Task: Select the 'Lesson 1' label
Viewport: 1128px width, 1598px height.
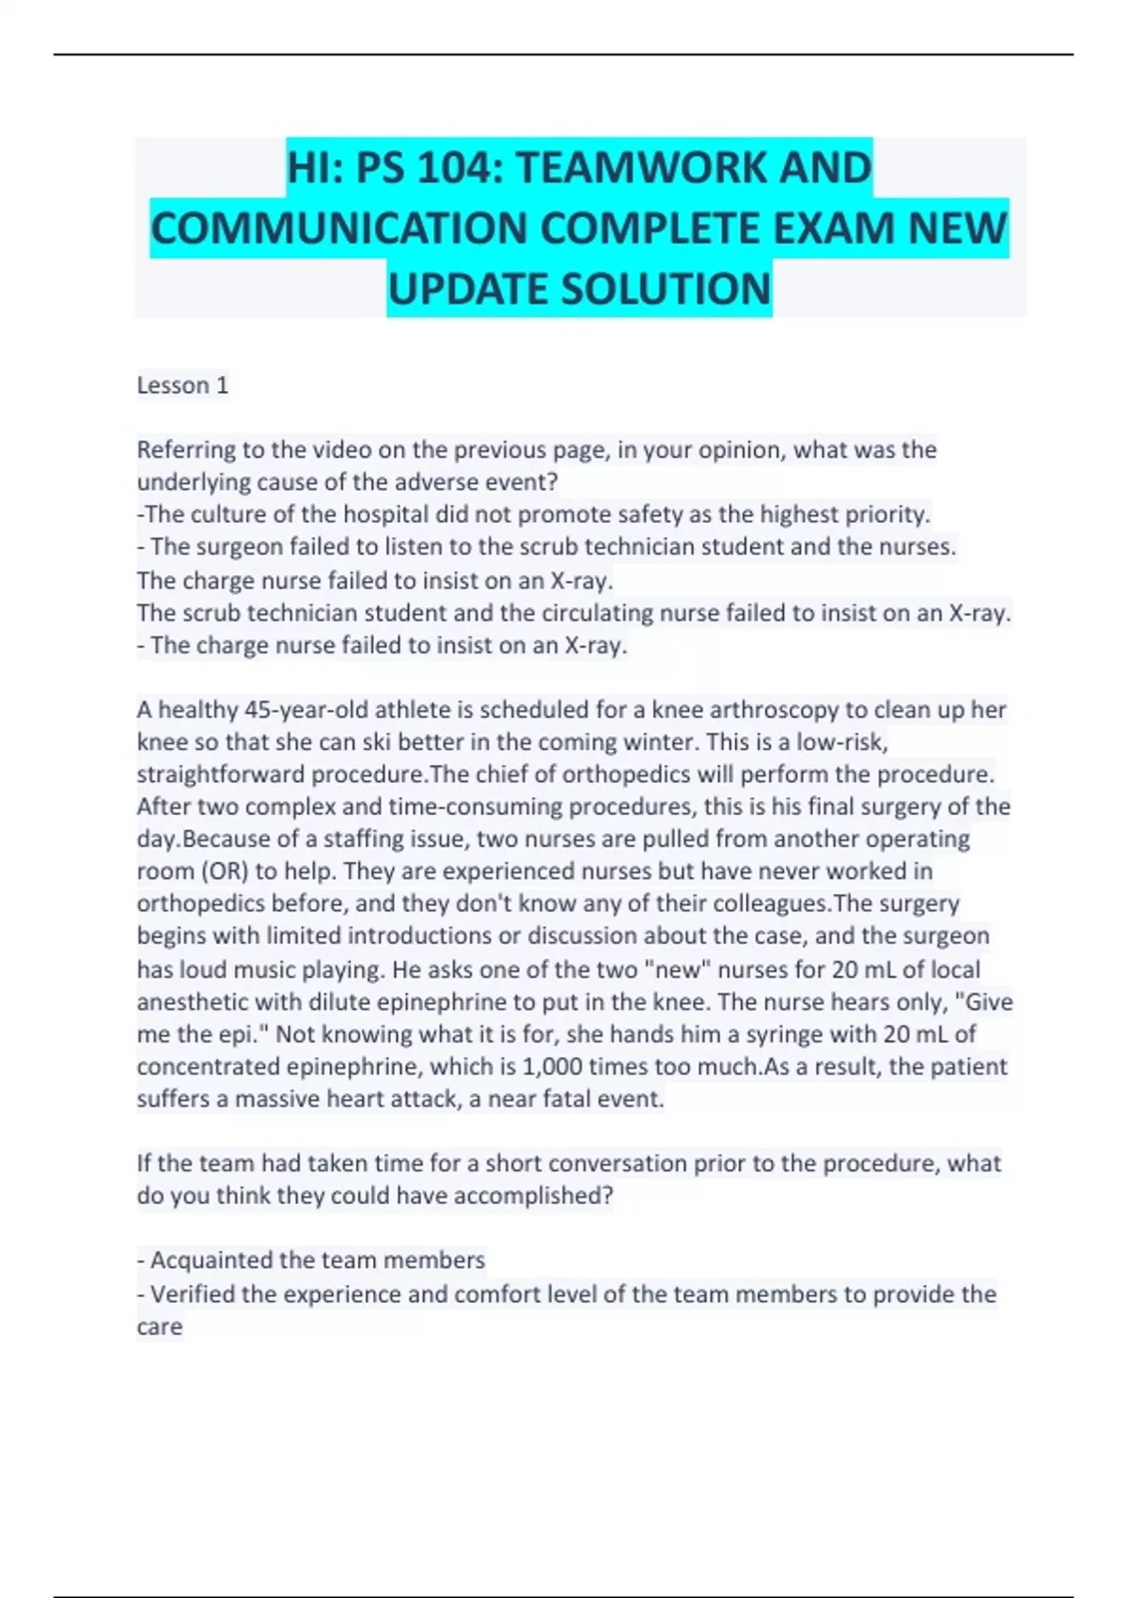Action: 182,385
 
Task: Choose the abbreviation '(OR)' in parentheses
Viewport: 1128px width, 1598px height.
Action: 223,871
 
